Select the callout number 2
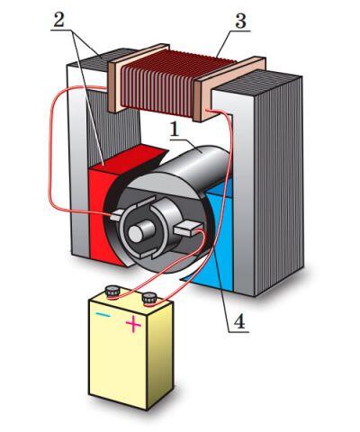click(x=59, y=19)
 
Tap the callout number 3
click(x=240, y=21)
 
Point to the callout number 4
click(x=238, y=322)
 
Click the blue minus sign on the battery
click(x=103, y=315)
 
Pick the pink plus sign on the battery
click(x=133, y=324)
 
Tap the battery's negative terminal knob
click(x=112, y=291)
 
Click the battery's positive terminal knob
click(x=149, y=299)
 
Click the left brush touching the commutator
click(x=116, y=215)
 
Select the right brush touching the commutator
click(x=187, y=229)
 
